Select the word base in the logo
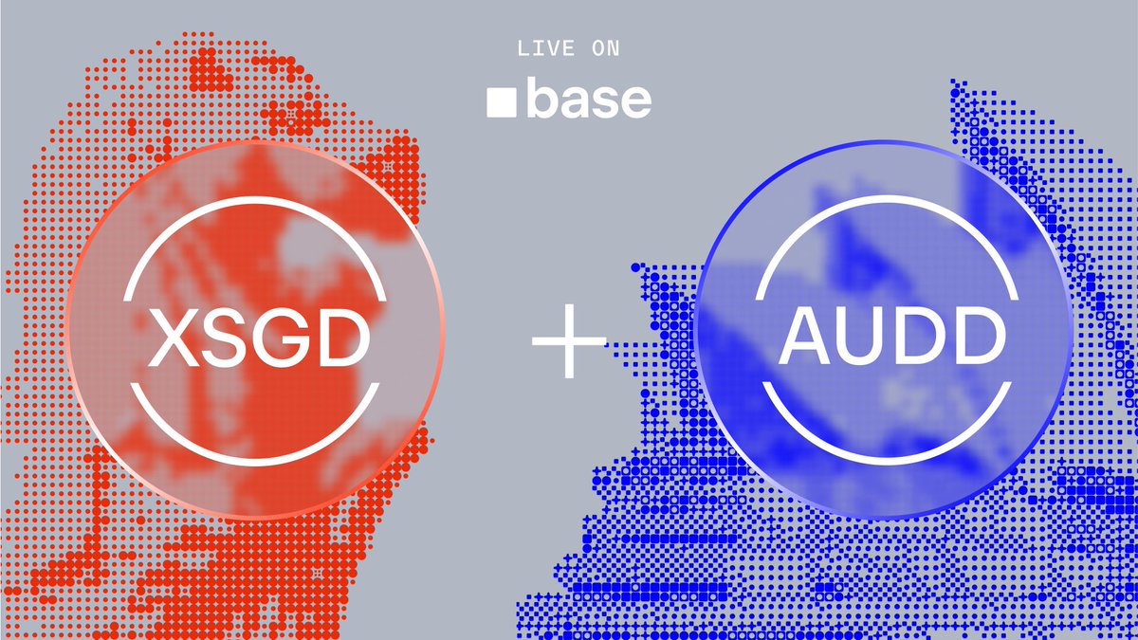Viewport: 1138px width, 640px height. pos(589,100)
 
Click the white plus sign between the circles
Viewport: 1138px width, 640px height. pos(569,342)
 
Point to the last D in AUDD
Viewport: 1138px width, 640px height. pos(977,338)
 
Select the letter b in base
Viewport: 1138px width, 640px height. pos(541,100)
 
